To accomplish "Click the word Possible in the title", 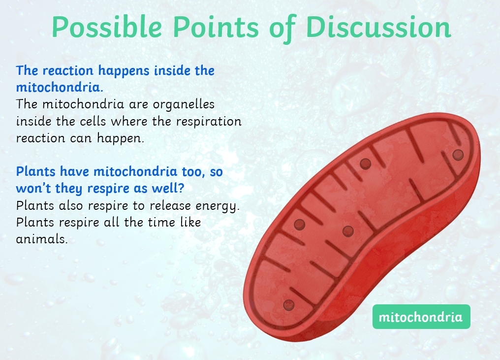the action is pos(107,28).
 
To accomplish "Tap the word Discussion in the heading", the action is pos(378,27).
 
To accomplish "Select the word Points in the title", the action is pos(216,27).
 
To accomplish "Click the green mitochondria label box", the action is pos(421,317).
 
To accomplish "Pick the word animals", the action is pos(42,239).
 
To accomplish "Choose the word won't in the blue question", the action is pos(33,188).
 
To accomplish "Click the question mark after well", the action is pos(182,188).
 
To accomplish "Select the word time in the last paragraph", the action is pos(161,222).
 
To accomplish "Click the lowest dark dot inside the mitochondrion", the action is pos(288,305).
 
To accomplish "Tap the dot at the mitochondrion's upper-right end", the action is pos(458,155).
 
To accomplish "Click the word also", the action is pos(71,205).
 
